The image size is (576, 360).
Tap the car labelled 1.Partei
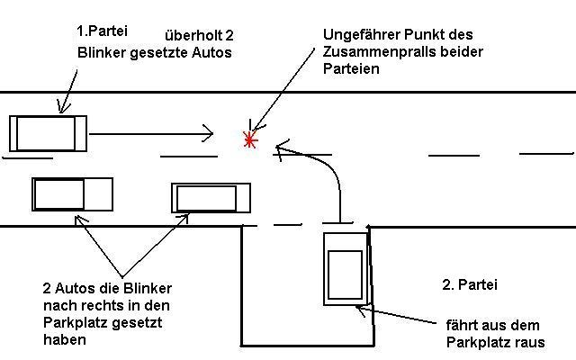[49, 133]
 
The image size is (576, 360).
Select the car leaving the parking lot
[346, 267]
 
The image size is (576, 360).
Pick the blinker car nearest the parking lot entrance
[211, 198]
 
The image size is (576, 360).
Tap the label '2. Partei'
[469, 285]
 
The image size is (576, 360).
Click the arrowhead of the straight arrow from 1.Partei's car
[209, 134]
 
